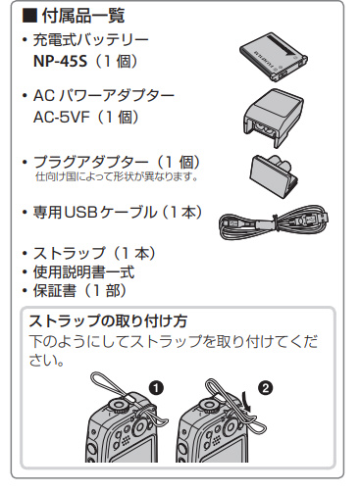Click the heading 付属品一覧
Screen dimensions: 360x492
pos(83,16)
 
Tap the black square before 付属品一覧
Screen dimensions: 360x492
pos(29,16)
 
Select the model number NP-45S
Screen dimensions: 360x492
pos(60,61)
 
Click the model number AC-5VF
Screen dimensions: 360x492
pos(62,117)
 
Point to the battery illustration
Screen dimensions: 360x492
pos(274,57)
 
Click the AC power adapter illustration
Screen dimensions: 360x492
pos(274,118)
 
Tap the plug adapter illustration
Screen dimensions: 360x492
pos(274,175)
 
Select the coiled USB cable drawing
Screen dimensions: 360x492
pos(274,221)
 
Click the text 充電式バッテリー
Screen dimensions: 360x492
pos(91,40)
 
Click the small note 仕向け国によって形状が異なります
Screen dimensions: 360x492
pos(117,176)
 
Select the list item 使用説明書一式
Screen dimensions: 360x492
pos(83,271)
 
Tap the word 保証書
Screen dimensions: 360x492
pos(54,291)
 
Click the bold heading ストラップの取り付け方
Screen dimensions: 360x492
pos(108,320)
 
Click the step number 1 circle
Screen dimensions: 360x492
pos(156,388)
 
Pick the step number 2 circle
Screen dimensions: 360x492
pos(265,388)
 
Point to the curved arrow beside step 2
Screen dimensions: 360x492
pos(244,404)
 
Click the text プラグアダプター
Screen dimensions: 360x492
pos(90,162)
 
